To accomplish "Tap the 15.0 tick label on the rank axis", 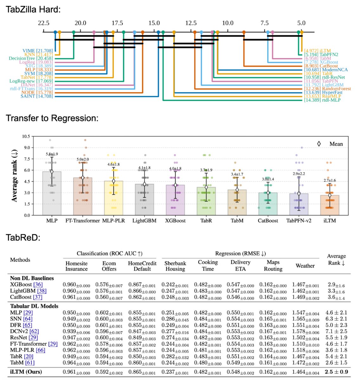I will [x=154, y=23].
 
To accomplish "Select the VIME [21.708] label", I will [x=37, y=51].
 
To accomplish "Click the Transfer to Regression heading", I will [x=52, y=118].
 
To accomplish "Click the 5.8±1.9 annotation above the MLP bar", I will [x=52, y=154].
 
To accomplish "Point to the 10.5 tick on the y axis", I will [x=26, y=136].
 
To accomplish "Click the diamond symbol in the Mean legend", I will [x=319, y=144].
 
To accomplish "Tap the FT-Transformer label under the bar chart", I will [x=83, y=221].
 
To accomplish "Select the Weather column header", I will [x=305, y=266].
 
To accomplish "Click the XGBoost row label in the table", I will [x=21, y=285].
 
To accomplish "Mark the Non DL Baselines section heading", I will [x=32, y=278].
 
